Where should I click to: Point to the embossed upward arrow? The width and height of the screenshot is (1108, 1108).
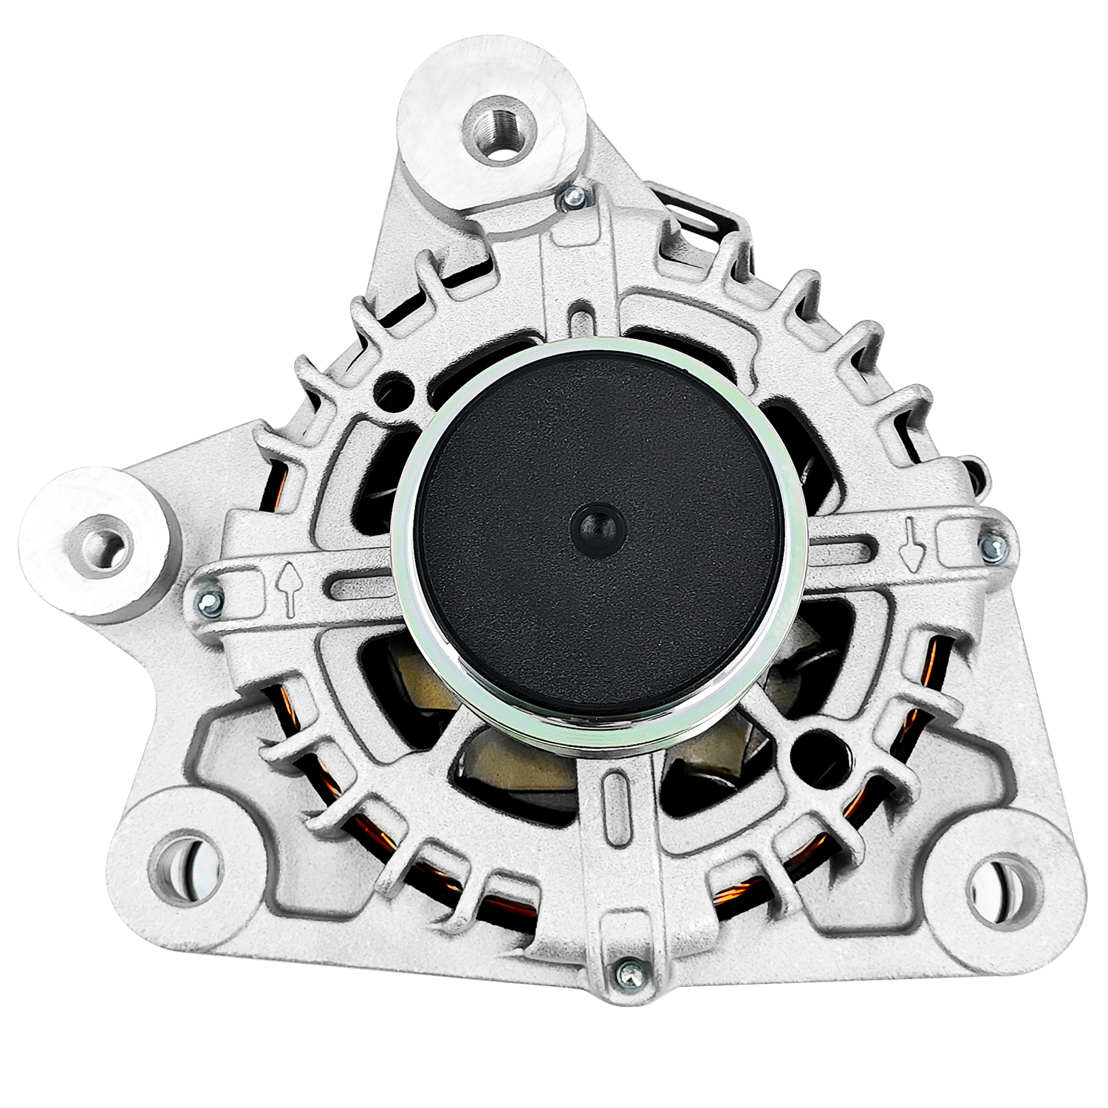pos(287,588)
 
